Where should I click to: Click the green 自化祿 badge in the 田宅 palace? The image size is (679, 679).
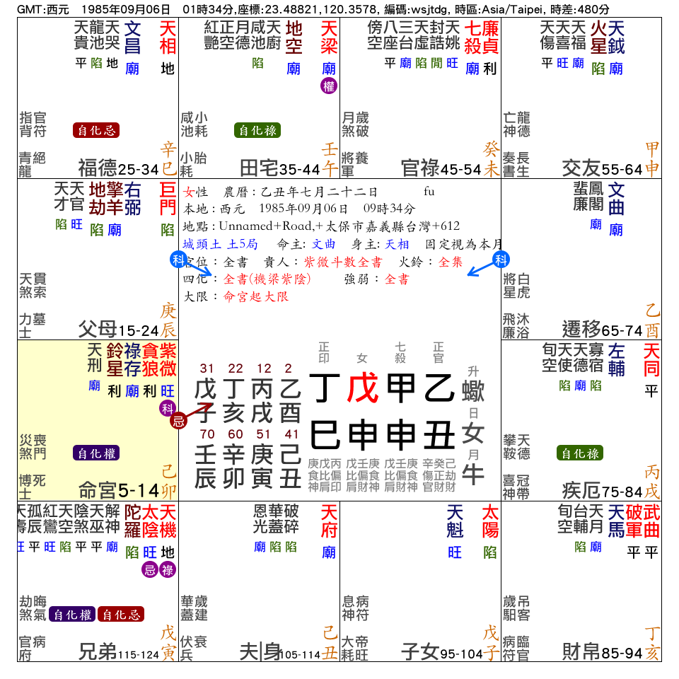coord(257,130)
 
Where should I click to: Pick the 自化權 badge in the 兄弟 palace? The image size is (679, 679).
coord(72,615)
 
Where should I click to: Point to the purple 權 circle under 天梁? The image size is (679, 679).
coord(329,86)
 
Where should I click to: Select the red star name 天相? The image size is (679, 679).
coord(168,37)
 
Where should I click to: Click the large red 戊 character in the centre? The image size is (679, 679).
coord(363,388)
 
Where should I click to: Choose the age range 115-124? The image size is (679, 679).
coord(139,654)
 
